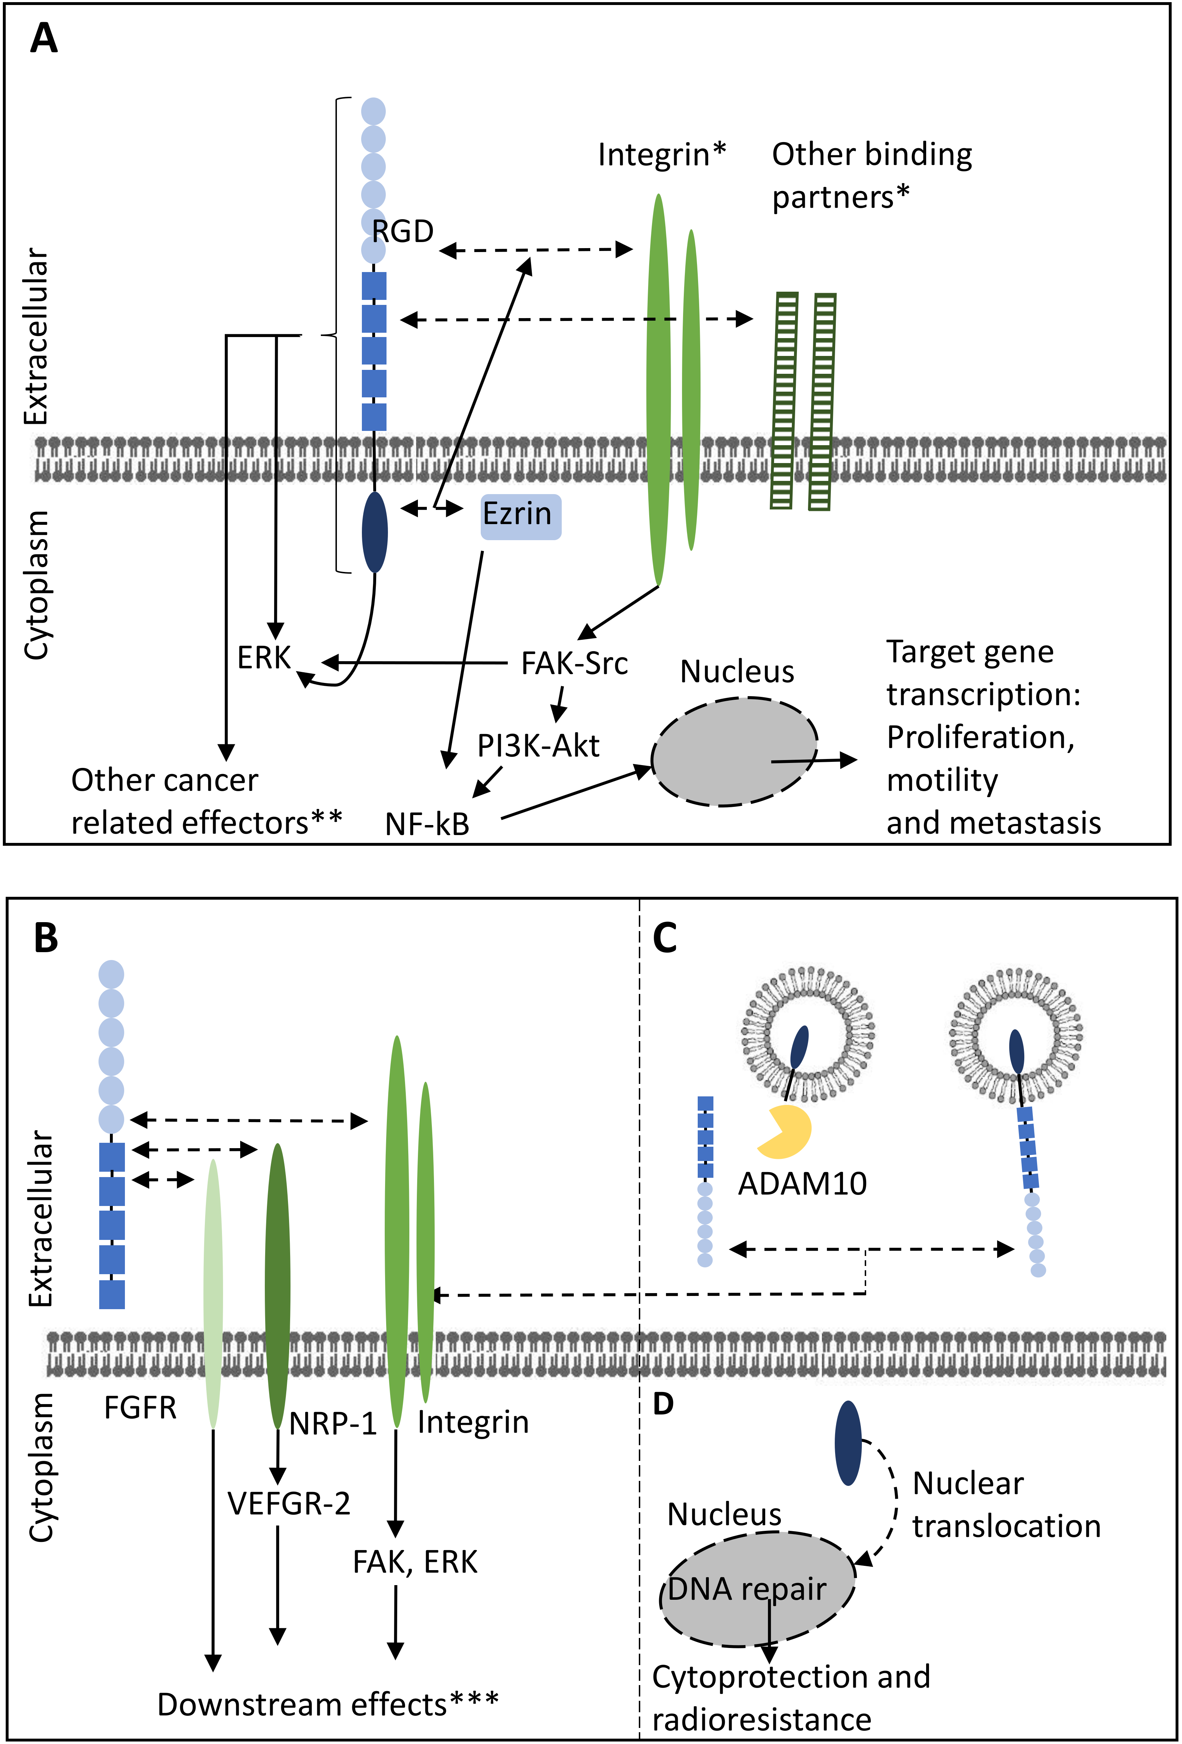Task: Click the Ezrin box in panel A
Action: [x=520, y=516]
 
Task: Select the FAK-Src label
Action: [x=575, y=663]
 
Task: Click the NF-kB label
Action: [x=427, y=824]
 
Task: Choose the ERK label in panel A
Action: [x=264, y=658]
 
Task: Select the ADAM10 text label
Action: [x=803, y=1184]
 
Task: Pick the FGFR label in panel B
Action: [x=140, y=1408]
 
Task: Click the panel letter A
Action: [x=44, y=38]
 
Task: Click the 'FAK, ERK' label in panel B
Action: [x=415, y=1562]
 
